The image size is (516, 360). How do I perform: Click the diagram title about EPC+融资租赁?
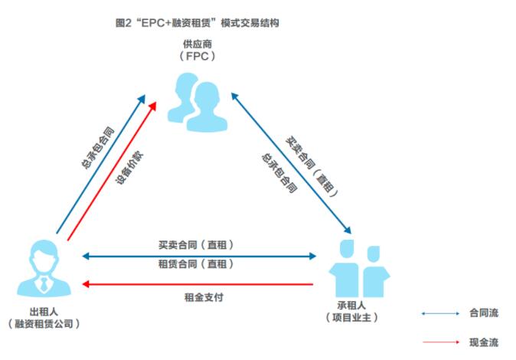197,23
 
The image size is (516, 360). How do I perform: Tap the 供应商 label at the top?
198,44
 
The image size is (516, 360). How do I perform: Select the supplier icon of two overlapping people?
198,103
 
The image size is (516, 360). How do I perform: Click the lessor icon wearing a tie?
44,268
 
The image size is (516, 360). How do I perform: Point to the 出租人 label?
44,312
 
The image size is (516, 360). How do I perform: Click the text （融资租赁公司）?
44,324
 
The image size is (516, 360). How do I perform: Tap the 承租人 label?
351,306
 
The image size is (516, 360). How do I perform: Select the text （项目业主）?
351,318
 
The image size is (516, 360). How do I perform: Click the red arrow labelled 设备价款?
112,172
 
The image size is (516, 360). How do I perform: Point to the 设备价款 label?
129,168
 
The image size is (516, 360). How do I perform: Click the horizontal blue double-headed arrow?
199,256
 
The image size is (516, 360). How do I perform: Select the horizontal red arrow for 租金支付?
198,284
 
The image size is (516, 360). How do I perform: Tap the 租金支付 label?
204,297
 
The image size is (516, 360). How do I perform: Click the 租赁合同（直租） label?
196,263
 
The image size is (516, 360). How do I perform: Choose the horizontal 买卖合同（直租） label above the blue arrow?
196,245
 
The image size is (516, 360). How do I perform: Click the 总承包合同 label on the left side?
98,148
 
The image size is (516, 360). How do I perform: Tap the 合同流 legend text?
484,313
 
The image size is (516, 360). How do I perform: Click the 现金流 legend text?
484,342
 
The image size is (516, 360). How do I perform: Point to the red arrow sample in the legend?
441,342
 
